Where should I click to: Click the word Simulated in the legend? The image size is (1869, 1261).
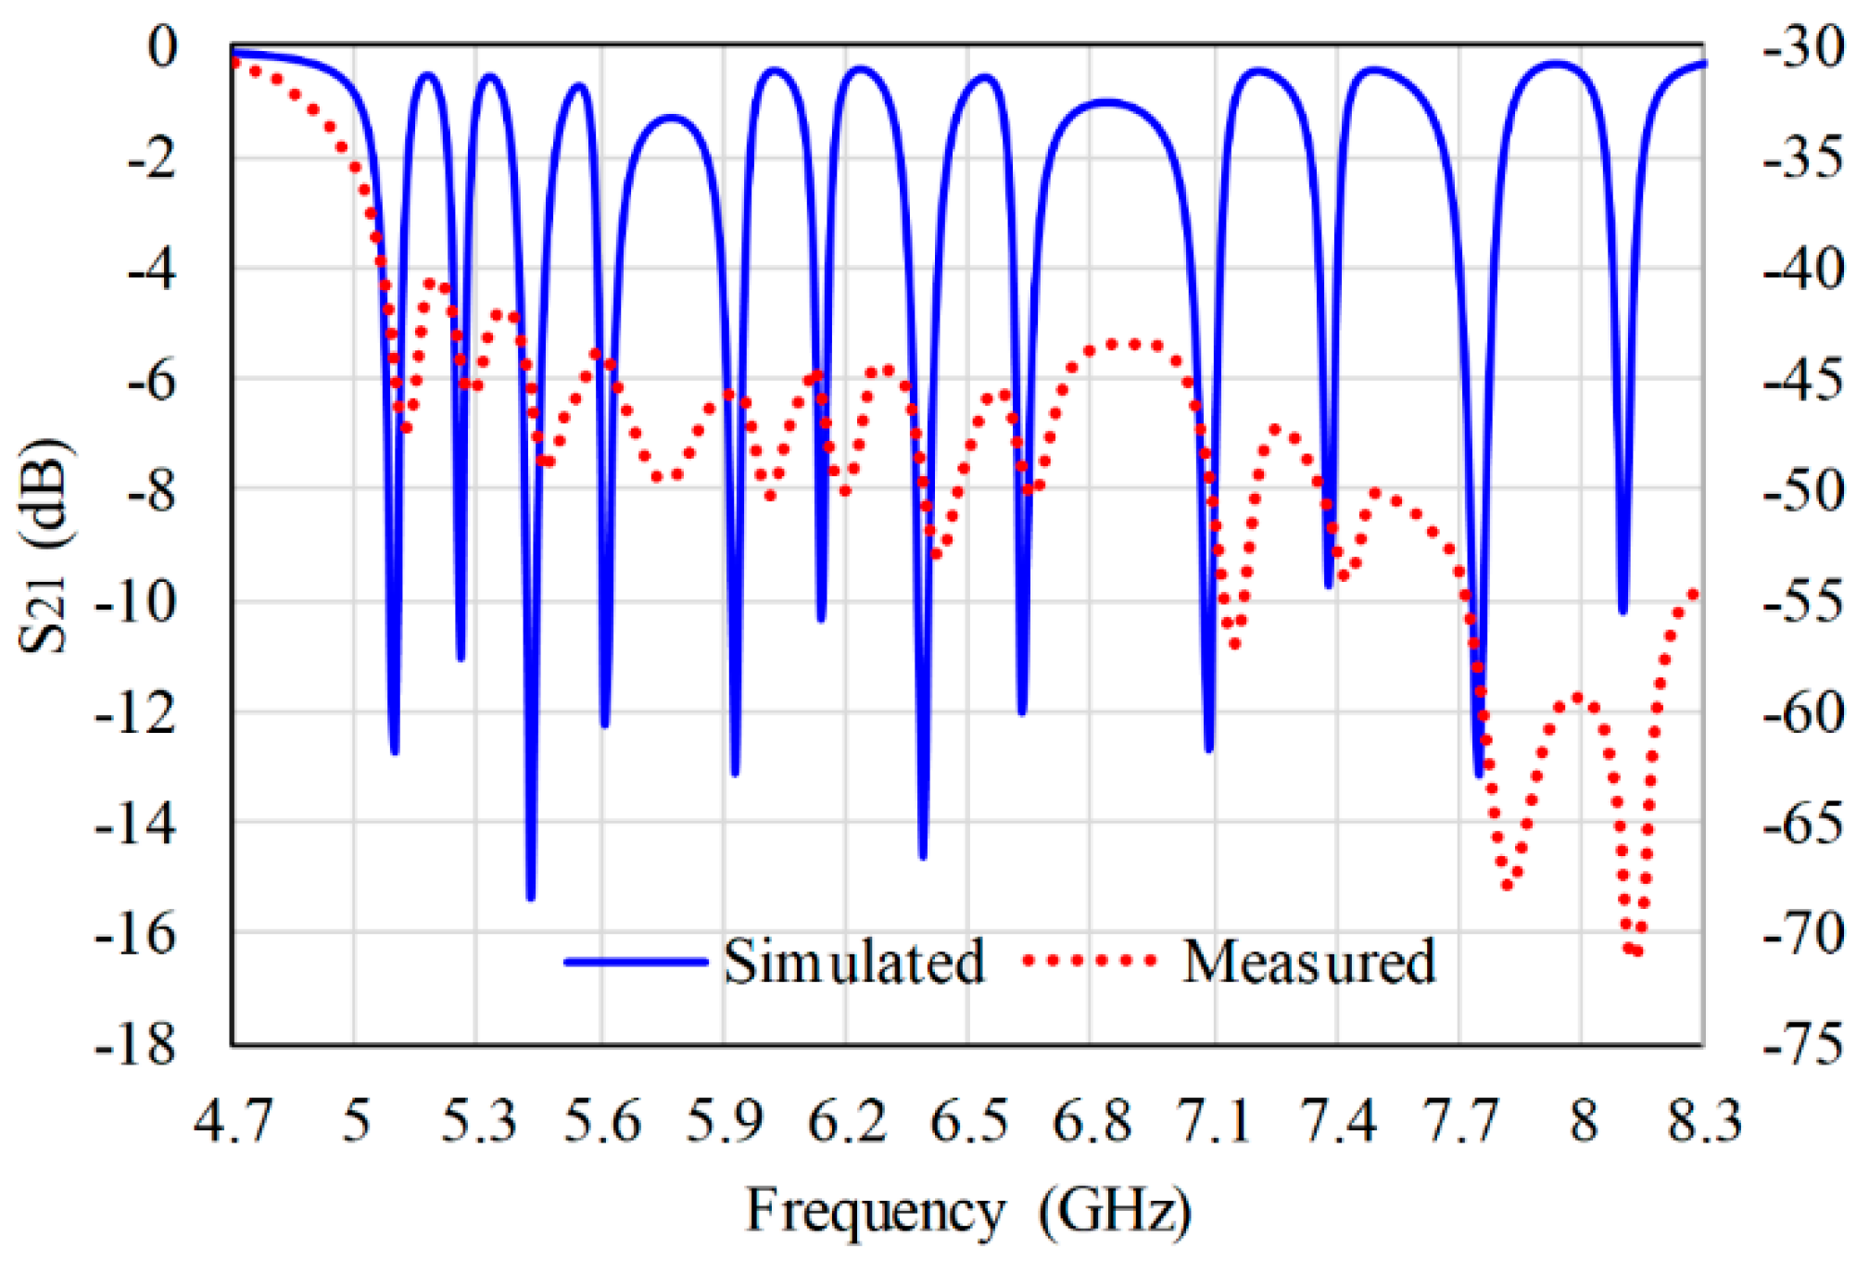[852, 962]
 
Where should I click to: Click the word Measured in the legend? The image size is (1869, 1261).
[1308, 962]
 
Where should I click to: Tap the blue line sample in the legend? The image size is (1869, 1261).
[636, 962]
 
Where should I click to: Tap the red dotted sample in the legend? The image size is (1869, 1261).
[1090, 961]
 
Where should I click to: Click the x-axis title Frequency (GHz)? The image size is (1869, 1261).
[967, 1211]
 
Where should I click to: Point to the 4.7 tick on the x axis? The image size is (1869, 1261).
[233, 1120]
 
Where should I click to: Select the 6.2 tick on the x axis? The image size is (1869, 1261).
[847, 1120]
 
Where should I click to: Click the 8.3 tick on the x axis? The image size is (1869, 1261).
[1703, 1120]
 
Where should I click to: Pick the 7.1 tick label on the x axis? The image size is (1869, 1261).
[1213, 1120]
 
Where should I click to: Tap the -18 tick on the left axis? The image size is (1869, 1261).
[135, 1044]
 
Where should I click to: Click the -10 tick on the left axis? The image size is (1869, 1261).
[135, 602]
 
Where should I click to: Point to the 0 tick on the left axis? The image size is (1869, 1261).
[162, 46]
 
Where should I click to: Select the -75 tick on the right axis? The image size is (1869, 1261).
[1803, 1044]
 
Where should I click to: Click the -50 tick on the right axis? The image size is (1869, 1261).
[1803, 491]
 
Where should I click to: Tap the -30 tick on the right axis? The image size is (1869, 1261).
[1803, 46]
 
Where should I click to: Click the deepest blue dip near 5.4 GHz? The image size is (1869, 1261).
[531, 896]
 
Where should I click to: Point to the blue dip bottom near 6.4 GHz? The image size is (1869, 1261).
[923, 855]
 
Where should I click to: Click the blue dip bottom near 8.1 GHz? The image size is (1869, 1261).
[1623, 610]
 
